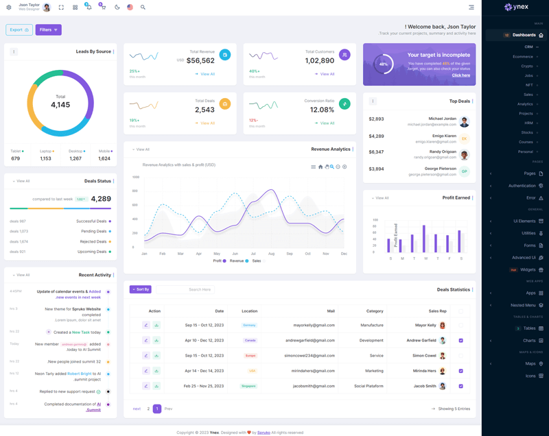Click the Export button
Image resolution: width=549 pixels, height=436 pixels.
(19, 29)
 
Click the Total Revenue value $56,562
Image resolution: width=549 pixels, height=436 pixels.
(200, 60)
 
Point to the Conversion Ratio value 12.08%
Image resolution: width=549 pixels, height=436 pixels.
(322, 110)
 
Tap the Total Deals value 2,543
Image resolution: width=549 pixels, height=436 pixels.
(205, 110)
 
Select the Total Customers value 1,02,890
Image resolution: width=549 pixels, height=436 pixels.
(319, 60)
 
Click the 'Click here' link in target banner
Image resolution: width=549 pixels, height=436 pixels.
(461, 75)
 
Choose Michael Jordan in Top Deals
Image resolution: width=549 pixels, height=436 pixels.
(442, 119)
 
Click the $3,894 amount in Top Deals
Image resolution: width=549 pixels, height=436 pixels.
(376, 169)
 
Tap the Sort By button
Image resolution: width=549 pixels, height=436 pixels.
(141, 289)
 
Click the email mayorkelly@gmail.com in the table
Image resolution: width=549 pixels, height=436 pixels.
(314, 325)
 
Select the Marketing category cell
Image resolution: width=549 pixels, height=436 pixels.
(374, 371)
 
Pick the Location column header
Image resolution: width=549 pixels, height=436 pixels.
(249, 311)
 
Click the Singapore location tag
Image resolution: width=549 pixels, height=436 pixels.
(248, 386)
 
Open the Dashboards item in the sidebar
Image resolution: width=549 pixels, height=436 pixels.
(524, 35)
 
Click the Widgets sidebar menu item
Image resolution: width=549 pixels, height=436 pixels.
(528, 269)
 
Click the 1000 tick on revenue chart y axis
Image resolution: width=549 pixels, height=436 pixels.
(136, 177)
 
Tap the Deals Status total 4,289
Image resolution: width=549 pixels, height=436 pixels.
(100, 199)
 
